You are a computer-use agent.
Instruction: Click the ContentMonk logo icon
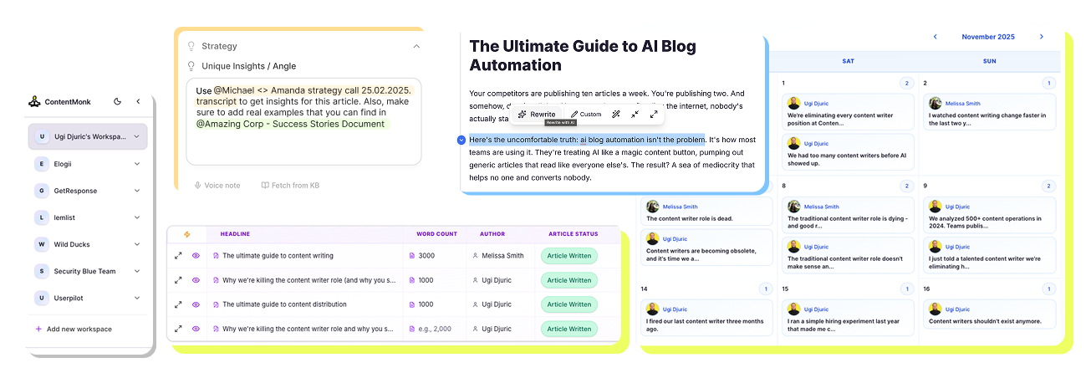(34, 102)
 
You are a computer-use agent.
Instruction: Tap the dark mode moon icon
(117, 101)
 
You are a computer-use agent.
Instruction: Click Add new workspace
(79, 329)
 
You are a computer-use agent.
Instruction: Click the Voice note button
(217, 185)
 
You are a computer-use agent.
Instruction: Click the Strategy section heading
(219, 46)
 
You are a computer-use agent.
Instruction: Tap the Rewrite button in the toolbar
(537, 114)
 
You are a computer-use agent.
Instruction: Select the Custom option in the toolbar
(586, 114)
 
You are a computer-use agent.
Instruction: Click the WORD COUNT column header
(436, 234)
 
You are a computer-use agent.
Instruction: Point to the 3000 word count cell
(426, 256)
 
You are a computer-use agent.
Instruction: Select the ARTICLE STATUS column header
(573, 234)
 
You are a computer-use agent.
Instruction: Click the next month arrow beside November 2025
(1041, 37)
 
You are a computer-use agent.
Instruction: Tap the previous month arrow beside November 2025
(935, 37)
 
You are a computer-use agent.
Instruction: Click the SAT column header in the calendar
(848, 61)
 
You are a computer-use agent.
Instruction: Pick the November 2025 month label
(987, 37)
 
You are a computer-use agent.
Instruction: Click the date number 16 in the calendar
(926, 289)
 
